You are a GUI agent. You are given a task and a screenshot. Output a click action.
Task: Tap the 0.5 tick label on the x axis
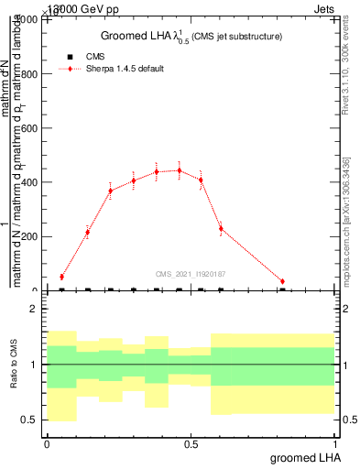(x=191, y=444)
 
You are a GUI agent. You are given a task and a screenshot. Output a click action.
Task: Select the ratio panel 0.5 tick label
(x=29, y=420)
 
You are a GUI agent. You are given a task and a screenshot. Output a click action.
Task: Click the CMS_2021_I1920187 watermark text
(x=191, y=274)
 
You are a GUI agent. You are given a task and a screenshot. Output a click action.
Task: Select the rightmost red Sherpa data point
(x=282, y=281)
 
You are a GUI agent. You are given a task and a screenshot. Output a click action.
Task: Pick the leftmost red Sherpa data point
(x=61, y=277)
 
